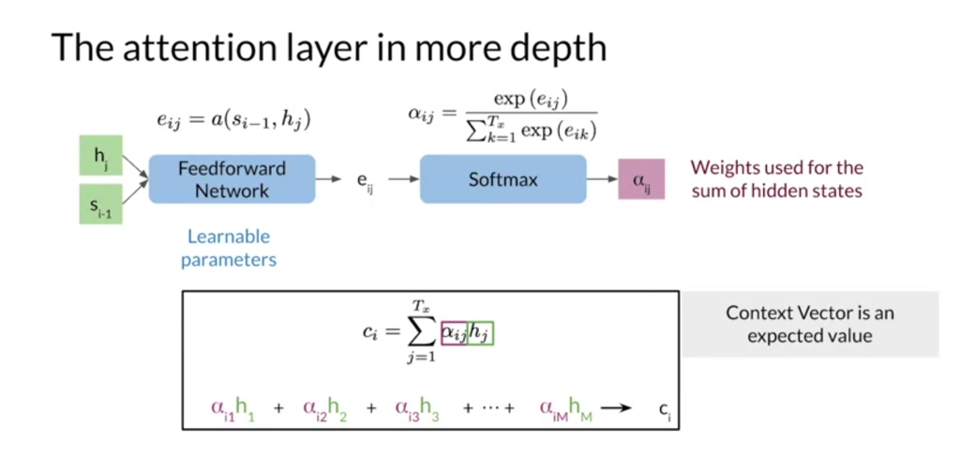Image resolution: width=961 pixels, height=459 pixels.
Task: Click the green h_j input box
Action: coord(99,156)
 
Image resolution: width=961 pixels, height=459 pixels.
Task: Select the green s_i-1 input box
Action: coord(99,203)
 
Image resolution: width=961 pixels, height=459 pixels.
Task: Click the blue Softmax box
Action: coord(503,178)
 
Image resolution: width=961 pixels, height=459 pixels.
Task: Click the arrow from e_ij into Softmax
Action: coord(402,178)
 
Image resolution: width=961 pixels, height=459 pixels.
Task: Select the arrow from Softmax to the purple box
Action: coord(601,178)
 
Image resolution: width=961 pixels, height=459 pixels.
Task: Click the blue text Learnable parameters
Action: coord(229,248)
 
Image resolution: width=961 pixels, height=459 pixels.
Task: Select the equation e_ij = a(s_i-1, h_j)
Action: coord(233,119)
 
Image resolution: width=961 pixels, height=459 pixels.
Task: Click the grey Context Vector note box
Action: coord(809,324)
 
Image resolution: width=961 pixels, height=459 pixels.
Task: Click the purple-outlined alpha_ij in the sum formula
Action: coord(455,333)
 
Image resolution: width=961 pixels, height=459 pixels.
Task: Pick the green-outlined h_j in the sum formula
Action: coord(480,333)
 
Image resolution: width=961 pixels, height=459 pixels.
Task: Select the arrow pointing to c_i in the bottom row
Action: coord(616,407)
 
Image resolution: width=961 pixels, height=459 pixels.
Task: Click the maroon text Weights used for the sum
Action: coord(777,178)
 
